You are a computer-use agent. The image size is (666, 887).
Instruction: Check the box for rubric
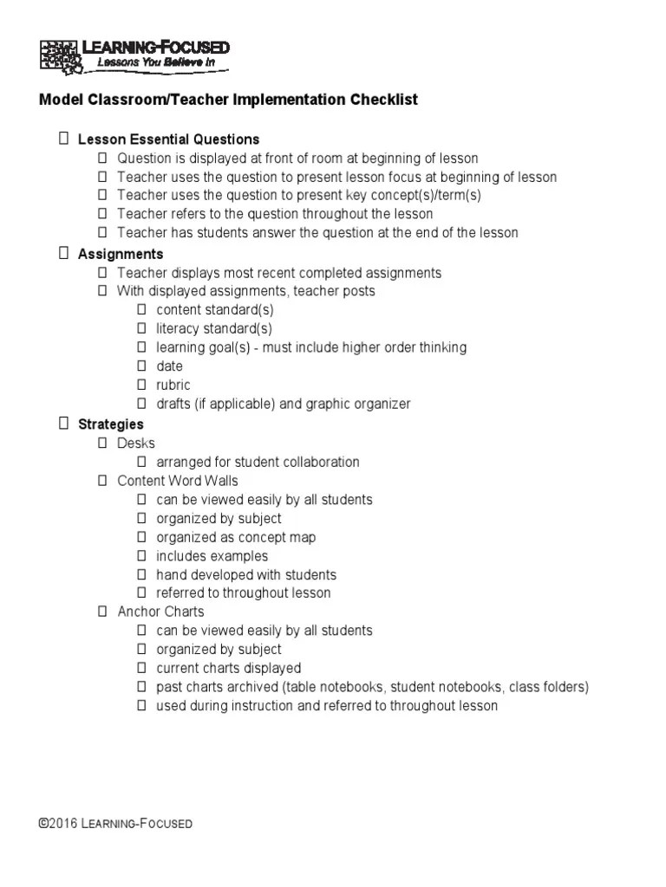tap(141, 385)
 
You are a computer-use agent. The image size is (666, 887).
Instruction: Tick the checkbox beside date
tap(141, 366)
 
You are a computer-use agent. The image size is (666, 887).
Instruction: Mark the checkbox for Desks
tap(102, 443)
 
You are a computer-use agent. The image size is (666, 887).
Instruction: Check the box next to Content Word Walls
tap(102, 481)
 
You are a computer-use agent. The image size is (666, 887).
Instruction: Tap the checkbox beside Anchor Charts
tap(102, 612)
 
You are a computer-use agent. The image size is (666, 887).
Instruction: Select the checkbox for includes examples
tap(141, 556)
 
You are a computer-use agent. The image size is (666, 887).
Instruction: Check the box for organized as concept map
tap(141, 537)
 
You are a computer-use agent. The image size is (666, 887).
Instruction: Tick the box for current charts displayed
tap(141, 668)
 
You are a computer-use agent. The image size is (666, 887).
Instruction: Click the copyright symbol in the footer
tap(43, 823)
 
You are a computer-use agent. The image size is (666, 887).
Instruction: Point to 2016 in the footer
tap(62, 823)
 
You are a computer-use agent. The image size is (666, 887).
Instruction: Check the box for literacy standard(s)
tap(141, 328)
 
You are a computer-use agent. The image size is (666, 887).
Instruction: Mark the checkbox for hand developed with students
tap(141, 574)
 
